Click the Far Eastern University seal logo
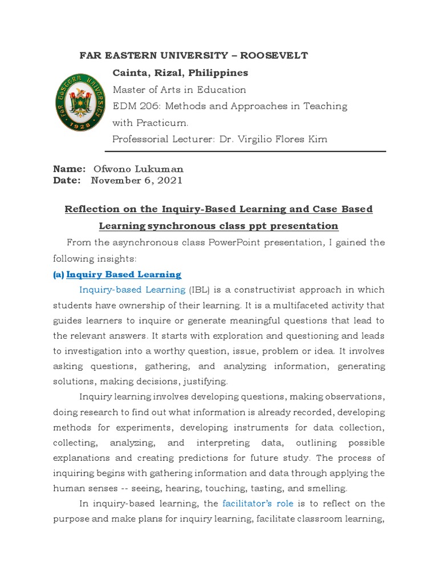[x=79, y=103]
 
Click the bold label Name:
[x=69, y=169]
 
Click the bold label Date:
[x=67, y=180]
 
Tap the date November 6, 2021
[x=137, y=180]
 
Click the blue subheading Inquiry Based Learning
[x=124, y=275]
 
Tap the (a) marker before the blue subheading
[x=58, y=275]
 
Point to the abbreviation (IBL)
[x=201, y=290]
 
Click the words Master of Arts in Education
[x=179, y=90]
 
